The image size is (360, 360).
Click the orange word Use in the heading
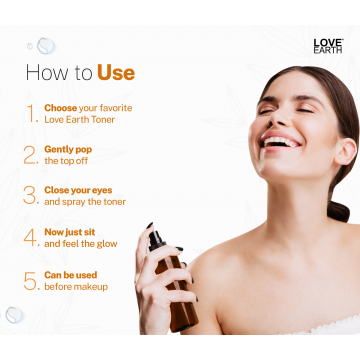coord(116,73)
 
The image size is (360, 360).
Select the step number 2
coord(31,153)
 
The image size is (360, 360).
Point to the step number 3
coord(31,194)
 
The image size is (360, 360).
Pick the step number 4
coord(31,236)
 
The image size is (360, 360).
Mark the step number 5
coord(31,279)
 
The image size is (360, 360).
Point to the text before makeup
coord(75,286)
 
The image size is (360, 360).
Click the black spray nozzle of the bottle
coord(157,241)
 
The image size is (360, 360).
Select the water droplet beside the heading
coord(45,45)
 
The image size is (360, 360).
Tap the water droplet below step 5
coord(14,314)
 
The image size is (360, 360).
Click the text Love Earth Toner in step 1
coord(88,120)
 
